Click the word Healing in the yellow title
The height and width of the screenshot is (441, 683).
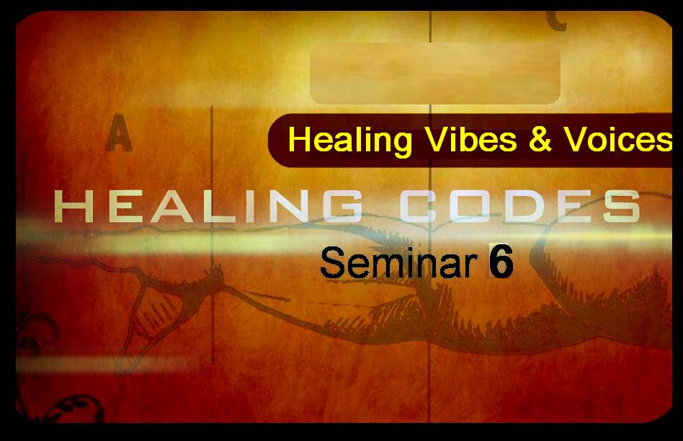click(x=349, y=141)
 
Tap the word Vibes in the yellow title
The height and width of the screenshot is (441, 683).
click(x=471, y=140)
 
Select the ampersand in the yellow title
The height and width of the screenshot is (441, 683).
click(x=540, y=140)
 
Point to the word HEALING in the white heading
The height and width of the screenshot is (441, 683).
click(x=208, y=206)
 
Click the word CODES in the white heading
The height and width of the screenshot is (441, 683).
click(x=520, y=206)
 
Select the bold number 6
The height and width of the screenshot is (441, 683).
click(x=501, y=262)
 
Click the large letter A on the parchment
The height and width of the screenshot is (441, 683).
click(x=118, y=133)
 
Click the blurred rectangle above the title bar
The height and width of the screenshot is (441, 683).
click(x=434, y=73)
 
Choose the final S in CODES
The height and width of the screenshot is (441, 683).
click(x=621, y=206)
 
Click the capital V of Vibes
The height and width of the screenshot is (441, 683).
click(x=438, y=140)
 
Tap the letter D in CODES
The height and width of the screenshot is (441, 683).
click(x=522, y=206)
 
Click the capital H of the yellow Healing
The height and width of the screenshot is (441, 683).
click(x=299, y=140)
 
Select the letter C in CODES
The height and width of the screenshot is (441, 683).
click(x=419, y=206)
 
